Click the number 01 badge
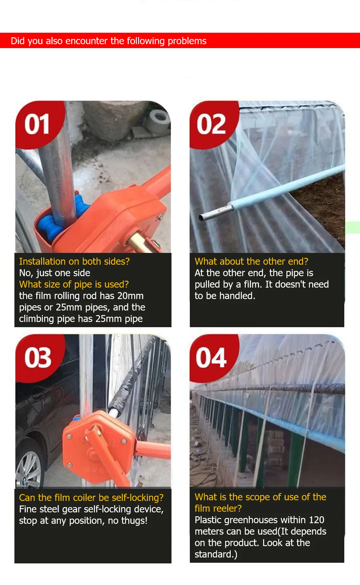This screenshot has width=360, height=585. pyautogui.click(x=37, y=124)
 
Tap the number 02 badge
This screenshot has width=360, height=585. pyautogui.click(x=211, y=124)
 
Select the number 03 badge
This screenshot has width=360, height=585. pyautogui.click(x=37, y=358)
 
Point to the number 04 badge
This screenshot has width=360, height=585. pyautogui.click(x=211, y=358)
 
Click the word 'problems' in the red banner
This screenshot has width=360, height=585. pyautogui.click(x=187, y=41)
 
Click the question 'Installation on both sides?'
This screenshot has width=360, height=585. pyautogui.click(x=74, y=261)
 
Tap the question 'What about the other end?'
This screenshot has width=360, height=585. pyautogui.click(x=251, y=261)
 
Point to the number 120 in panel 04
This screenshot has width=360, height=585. pyautogui.click(x=316, y=520)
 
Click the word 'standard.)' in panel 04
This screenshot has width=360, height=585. pyautogui.click(x=216, y=554)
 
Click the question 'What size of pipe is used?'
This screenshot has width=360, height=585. pyautogui.click(x=74, y=284)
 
